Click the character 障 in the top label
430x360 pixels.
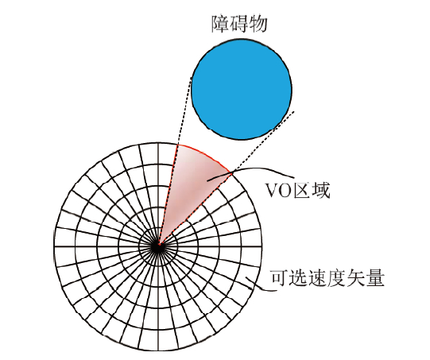click(x=221, y=24)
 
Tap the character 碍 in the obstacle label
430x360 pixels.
click(x=239, y=24)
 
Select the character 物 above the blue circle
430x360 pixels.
click(x=258, y=24)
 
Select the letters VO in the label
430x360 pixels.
click(x=278, y=191)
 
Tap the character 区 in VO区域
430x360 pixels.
click(x=301, y=190)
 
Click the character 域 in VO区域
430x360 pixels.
click(x=320, y=190)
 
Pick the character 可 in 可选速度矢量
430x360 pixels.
click(x=280, y=278)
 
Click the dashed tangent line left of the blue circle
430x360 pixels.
click(x=175, y=161)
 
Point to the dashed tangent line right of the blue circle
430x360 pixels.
click(x=227, y=178)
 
